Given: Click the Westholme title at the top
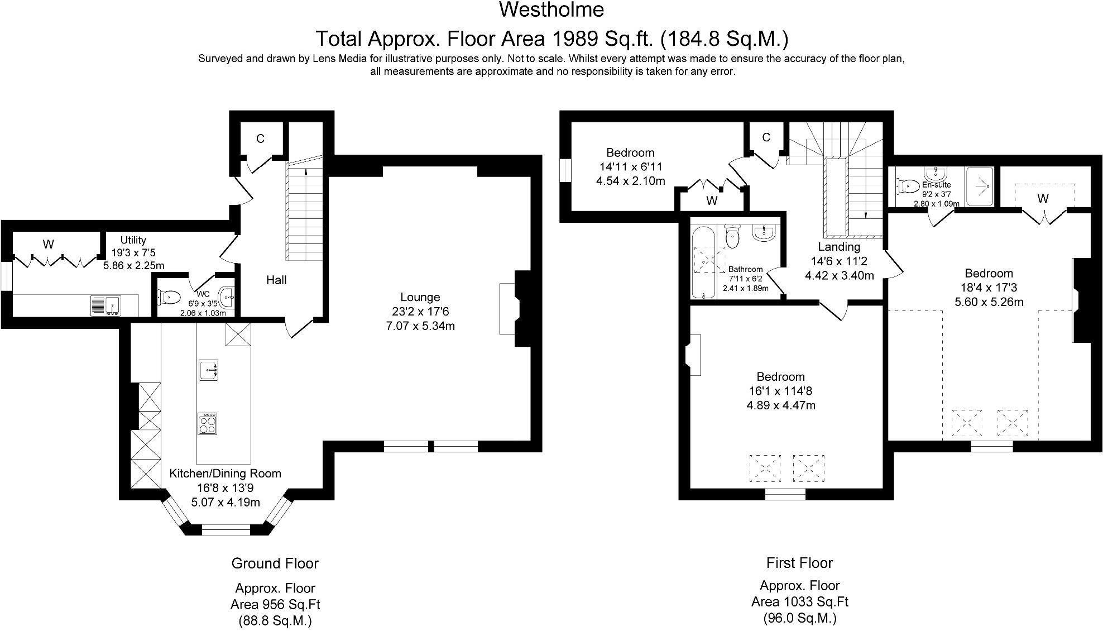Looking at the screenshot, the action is pyautogui.click(x=551, y=9).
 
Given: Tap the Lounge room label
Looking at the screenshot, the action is pyautogui.click(x=420, y=297).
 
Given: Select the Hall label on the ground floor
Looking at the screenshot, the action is pyautogui.click(x=276, y=280).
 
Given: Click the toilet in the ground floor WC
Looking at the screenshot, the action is pyautogui.click(x=168, y=297).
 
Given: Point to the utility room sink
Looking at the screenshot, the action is pyautogui.click(x=105, y=305).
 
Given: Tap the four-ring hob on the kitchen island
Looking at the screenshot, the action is pyautogui.click(x=207, y=423).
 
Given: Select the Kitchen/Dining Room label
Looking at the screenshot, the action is pyautogui.click(x=225, y=474).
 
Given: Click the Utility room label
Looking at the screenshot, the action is pyautogui.click(x=133, y=240).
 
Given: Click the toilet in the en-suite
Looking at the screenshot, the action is pyautogui.click(x=908, y=185).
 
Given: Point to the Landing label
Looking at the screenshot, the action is pyautogui.click(x=839, y=247).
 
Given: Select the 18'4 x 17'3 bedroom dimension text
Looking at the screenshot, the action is pyautogui.click(x=989, y=288).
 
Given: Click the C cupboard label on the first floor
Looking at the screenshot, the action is pyautogui.click(x=766, y=137).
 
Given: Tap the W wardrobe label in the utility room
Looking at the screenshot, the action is pyautogui.click(x=49, y=244).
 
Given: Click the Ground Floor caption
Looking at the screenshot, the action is pyautogui.click(x=275, y=563).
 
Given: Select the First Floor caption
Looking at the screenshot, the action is pyautogui.click(x=799, y=563).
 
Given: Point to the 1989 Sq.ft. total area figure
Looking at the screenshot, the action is pyautogui.click(x=602, y=39).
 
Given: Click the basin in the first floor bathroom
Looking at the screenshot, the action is pyautogui.click(x=764, y=233).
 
